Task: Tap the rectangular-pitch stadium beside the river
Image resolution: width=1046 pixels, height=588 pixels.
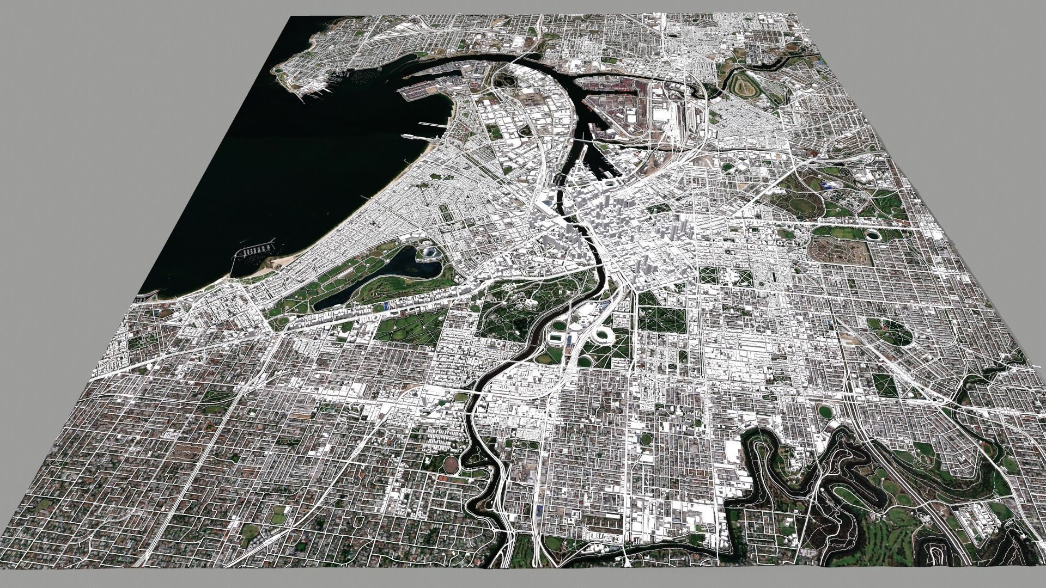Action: pos(556,338)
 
